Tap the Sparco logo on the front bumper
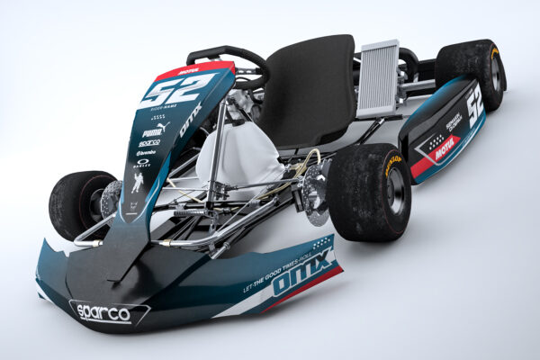point(102,312)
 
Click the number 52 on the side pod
point(474,101)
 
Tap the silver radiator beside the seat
point(378,78)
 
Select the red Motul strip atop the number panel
point(193,69)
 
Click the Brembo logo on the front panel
point(146,153)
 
